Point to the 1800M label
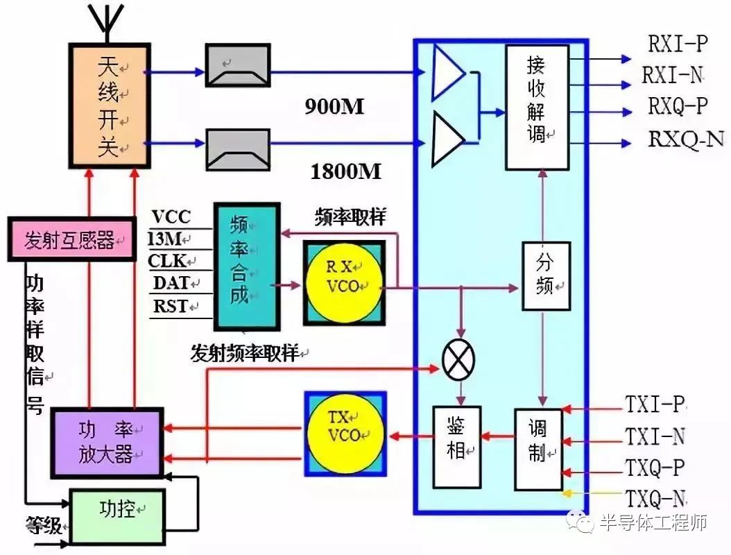point(346,171)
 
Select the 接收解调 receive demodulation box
point(537,107)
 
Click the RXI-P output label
point(678,44)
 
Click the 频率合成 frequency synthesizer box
point(246,266)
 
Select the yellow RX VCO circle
point(344,282)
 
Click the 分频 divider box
point(546,275)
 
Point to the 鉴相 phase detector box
point(456,446)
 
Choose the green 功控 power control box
point(117,515)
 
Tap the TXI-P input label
point(655,404)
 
